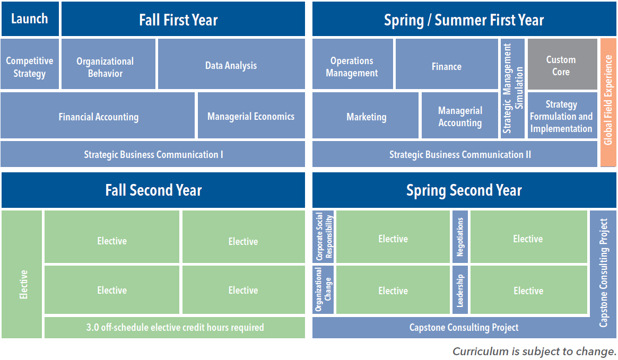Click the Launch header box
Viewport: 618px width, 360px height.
click(x=30, y=19)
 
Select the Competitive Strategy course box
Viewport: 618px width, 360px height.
click(x=30, y=64)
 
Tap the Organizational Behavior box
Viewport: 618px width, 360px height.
click(x=108, y=64)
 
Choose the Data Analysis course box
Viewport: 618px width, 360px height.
click(x=231, y=64)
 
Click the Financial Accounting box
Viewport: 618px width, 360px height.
click(x=98, y=116)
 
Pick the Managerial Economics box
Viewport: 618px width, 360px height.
click(x=251, y=116)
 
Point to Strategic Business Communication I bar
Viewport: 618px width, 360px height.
click(x=153, y=154)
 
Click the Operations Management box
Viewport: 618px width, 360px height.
click(x=353, y=64)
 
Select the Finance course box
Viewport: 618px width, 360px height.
click(x=447, y=64)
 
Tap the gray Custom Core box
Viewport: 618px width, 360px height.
click(x=562, y=64)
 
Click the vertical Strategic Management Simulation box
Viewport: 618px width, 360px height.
click(x=513, y=88)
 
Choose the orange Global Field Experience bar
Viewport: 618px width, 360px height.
click(x=608, y=102)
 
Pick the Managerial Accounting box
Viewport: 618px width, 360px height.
click(x=460, y=116)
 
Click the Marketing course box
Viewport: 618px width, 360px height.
click(x=365, y=116)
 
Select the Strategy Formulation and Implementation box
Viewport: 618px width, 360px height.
click(x=562, y=116)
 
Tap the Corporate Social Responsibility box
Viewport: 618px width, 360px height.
click(x=323, y=236)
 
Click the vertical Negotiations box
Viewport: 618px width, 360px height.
click(x=460, y=236)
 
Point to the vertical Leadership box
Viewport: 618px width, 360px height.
click(x=460, y=290)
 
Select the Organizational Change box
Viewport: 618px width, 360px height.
click(x=323, y=290)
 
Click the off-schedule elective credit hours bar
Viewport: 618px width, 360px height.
click(x=175, y=327)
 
